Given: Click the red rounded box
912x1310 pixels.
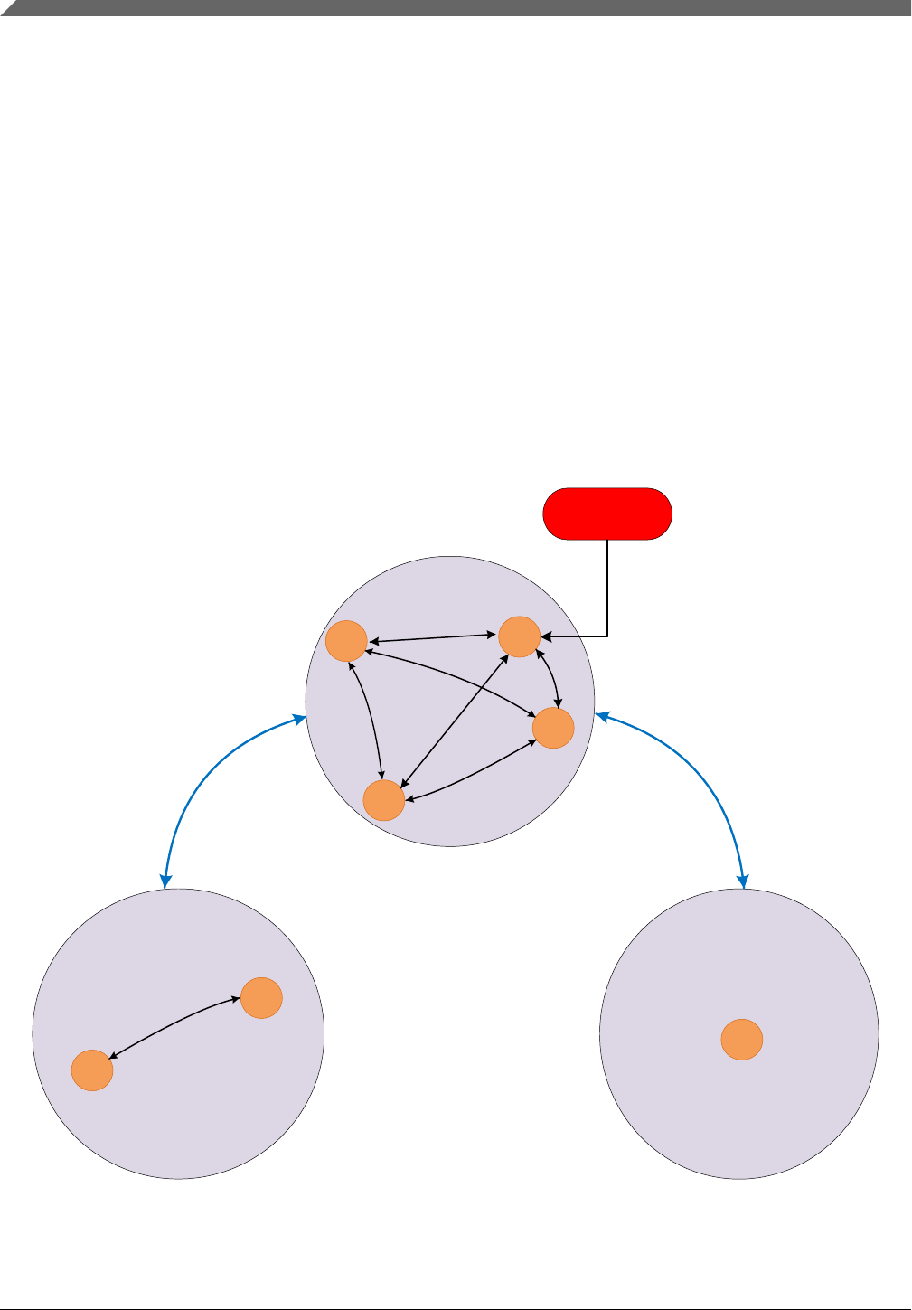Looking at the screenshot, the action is click(x=606, y=514).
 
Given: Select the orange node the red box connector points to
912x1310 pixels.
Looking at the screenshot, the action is click(x=519, y=636).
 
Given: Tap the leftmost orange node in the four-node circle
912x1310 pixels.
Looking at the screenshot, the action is click(x=346, y=641).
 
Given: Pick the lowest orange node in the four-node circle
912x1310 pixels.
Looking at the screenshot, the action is click(x=383, y=800).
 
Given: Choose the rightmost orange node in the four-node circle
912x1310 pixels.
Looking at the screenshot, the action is click(x=553, y=728).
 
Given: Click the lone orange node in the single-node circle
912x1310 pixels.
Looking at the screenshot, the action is click(x=741, y=1040).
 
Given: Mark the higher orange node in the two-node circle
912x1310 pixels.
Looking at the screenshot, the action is click(x=261, y=998).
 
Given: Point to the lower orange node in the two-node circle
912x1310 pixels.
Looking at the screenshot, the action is click(x=92, y=1070).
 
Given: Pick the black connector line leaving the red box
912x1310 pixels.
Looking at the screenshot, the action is click(x=607, y=588).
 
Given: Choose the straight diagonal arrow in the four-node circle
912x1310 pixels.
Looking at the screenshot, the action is click(x=455, y=719).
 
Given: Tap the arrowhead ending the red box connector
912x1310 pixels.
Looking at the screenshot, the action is click(x=545, y=636).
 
